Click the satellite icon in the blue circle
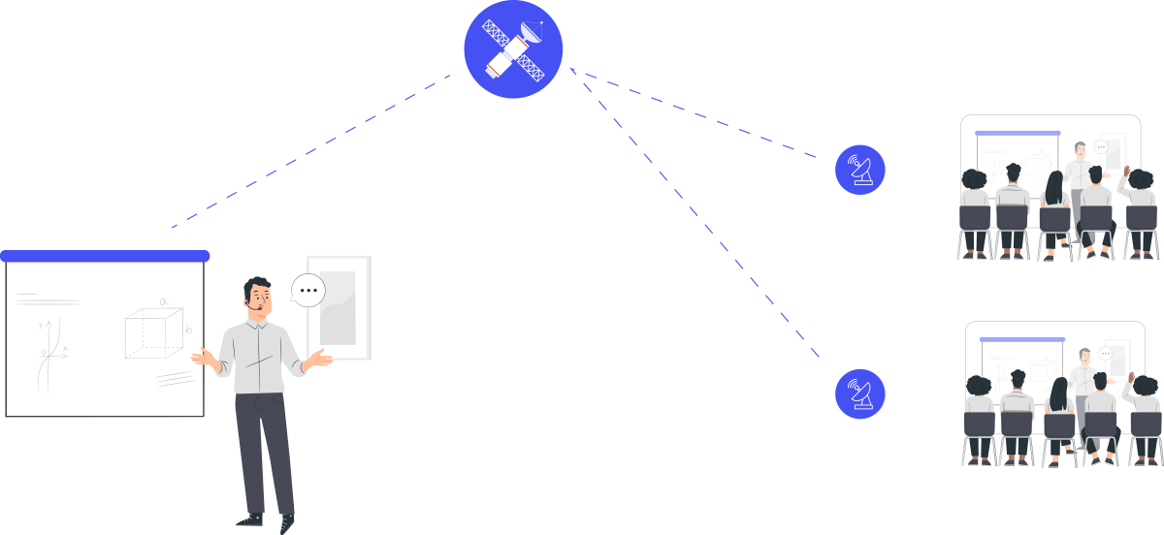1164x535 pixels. (x=513, y=49)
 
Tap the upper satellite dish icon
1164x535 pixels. (x=859, y=170)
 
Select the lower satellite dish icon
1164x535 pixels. (x=859, y=393)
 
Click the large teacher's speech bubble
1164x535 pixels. (x=308, y=290)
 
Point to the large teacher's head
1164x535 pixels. (x=258, y=296)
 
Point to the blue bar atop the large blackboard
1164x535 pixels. (x=105, y=256)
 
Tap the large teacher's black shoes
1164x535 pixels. (x=267, y=520)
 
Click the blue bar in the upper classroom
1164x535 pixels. (x=1017, y=133)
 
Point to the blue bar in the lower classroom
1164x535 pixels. (x=1022, y=339)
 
